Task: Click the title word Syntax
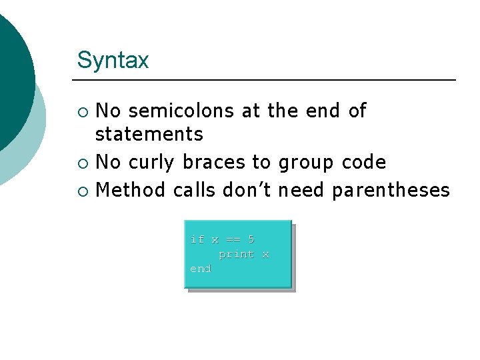(113, 61)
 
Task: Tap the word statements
(149, 134)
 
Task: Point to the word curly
(151, 163)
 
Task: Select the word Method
(131, 190)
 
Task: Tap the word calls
(194, 190)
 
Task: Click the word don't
(247, 190)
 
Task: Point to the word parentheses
(391, 191)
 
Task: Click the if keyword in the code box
(197, 239)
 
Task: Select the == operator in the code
(233, 239)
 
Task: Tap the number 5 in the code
(251, 239)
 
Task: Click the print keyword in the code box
(237, 254)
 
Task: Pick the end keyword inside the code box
(201, 269)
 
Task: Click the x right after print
(265, 254)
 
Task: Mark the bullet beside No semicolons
(82, 111)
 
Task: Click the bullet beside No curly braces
(82, 163)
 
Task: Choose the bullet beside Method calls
(82, 191)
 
